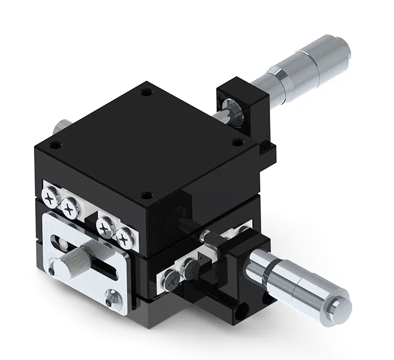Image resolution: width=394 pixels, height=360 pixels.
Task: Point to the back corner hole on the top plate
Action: point(145,93)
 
